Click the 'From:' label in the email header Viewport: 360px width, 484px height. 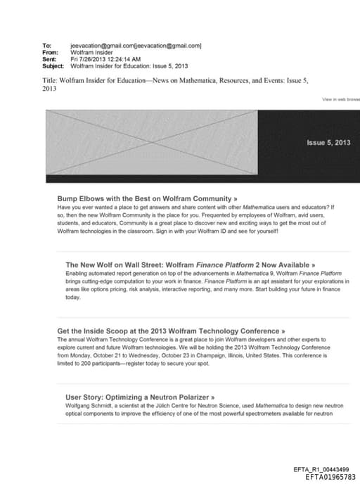point(49,52)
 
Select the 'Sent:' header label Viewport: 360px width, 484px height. point(49,59)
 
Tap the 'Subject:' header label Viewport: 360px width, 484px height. point(53,66)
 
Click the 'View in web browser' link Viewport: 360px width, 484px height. point(341,100)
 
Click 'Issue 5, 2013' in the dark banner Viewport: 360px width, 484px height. point(328,143)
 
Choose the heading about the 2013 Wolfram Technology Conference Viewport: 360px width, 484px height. point(171,331)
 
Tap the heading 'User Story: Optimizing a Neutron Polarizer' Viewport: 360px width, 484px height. point(140,397)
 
